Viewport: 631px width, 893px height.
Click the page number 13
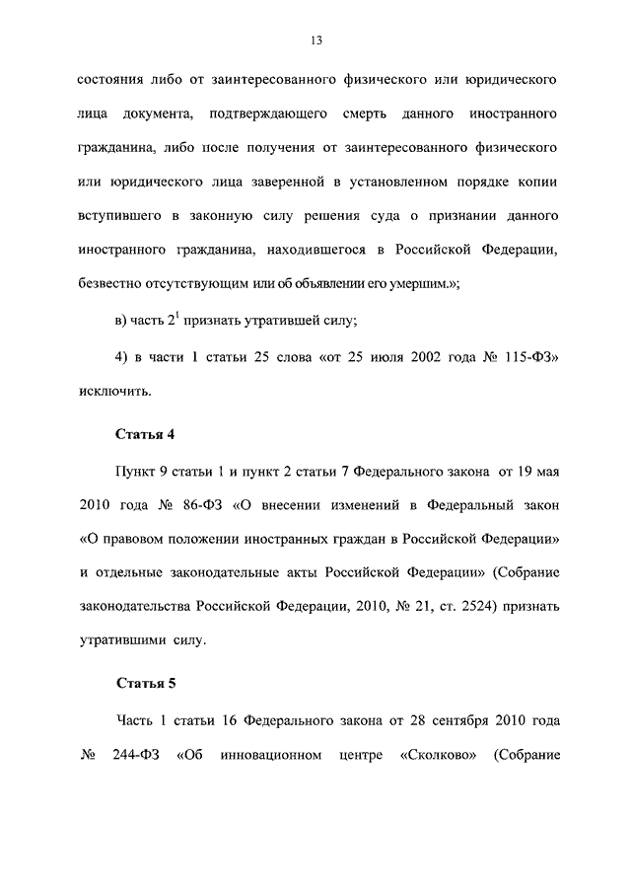(x=315, y=40)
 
